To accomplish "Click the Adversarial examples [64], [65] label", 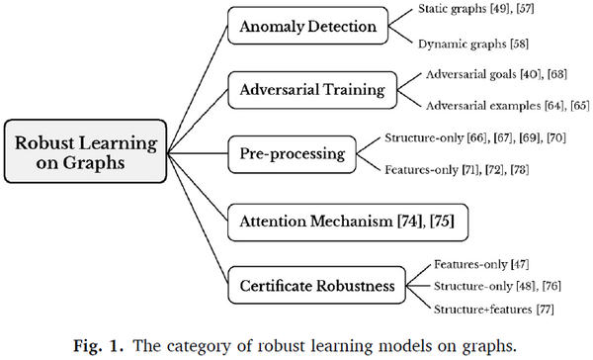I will click(x=503, y=107).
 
